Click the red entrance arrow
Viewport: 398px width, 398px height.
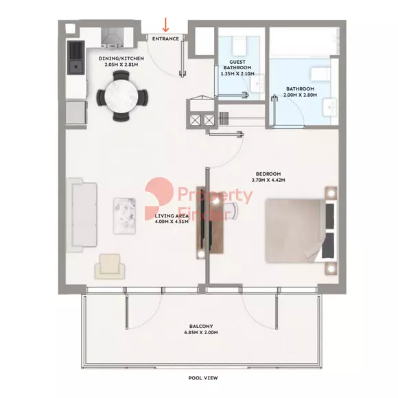[x=165, y=25]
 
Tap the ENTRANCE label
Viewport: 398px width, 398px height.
[x=165, y=39]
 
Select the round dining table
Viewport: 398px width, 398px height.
[x=121, y=96]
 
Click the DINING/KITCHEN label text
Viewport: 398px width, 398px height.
[x=121, y=58]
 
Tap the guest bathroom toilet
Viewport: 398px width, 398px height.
[x=239, y=45]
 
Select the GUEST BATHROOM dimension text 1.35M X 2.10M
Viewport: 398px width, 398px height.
[x=237, y=74]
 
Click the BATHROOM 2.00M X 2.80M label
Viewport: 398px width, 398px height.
[x=300, y=92]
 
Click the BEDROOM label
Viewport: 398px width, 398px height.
[x=268, y=174]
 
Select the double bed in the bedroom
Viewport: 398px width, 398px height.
[x=301, y=231]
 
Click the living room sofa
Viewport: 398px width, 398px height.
[x=82, y=215]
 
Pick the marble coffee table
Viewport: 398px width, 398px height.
[x=124, y=215]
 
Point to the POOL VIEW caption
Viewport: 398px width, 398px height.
[x=203, y=378]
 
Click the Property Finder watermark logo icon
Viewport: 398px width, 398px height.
[x=159, y=199]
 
